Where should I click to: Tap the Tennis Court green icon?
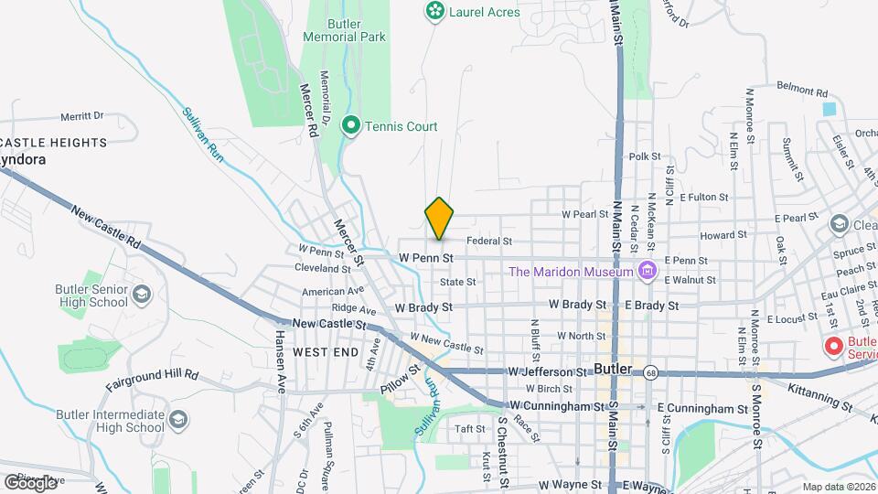[349, 126]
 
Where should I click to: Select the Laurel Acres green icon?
[434, 12]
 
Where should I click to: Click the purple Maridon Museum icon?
[648, 271]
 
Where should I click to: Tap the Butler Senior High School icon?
[141, 294]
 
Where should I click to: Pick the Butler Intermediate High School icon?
[178, 419]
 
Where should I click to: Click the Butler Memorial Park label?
[345, 29]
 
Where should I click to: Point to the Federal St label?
[487, 241]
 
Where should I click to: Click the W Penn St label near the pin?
[426, 259]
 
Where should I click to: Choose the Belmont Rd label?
[801, 92]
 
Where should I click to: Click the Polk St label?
[644, 157]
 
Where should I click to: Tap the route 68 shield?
[650, 372]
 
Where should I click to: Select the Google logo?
[30, 482]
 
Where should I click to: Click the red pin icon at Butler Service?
[833, 347]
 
